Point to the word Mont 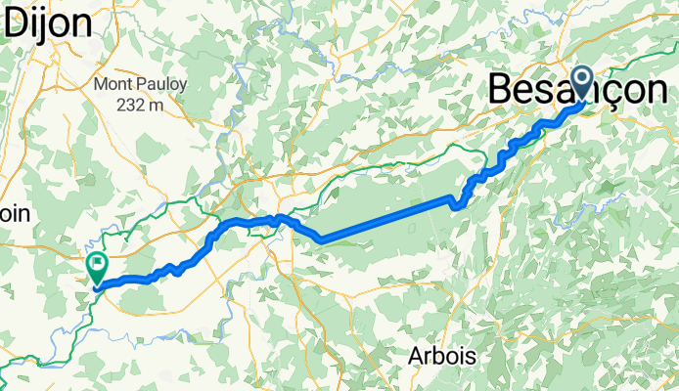click(x=112, y=85)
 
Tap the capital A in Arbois click(x=415, y=357)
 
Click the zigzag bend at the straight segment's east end click(x=458, y=201)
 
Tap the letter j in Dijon click(x=46, y=26)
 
